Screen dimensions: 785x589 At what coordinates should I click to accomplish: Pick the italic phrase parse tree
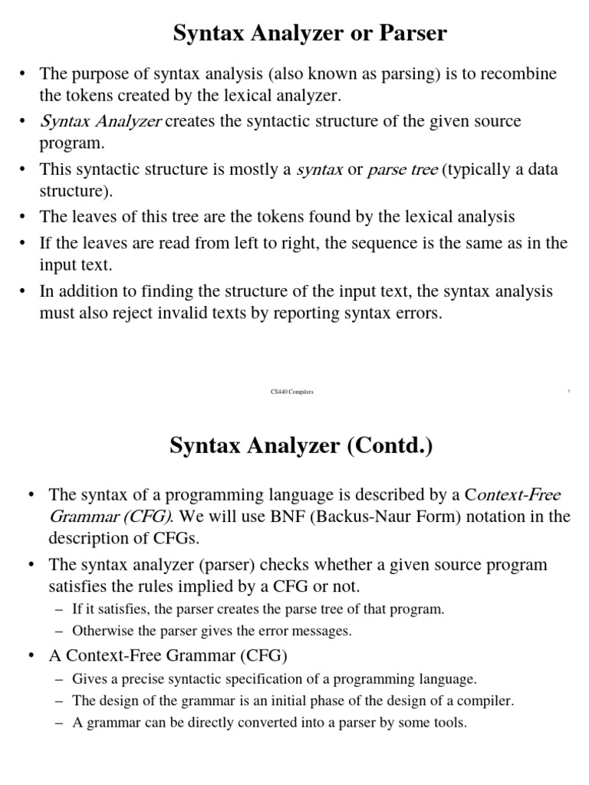tap(403, 169)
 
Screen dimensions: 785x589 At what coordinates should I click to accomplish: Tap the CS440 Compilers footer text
tap(292, 392)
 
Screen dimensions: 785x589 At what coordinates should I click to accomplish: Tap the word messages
tap(323, 631)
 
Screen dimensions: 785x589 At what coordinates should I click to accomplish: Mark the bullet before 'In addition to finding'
tap(25, 291)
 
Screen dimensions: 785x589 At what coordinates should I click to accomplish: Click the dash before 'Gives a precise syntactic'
tap(61, 679)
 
